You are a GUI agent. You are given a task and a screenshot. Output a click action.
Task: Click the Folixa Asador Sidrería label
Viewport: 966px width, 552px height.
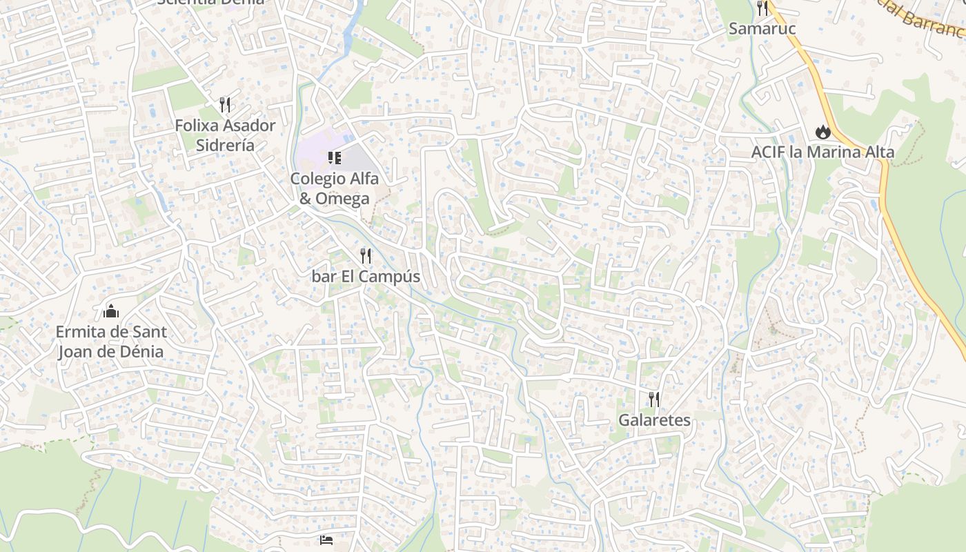pos(225,135)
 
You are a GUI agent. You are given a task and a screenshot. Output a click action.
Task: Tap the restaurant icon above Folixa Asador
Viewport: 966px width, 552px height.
pos(225,105)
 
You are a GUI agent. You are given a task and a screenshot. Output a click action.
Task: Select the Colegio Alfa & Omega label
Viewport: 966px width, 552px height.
pos(334,188)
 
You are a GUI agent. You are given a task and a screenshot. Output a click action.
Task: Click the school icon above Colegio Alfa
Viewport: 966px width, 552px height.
pos(335,158)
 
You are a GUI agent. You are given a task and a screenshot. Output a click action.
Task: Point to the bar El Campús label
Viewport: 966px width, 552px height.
pos(366,277)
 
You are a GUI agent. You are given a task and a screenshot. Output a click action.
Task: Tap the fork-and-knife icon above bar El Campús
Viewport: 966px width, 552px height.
pos(366,256)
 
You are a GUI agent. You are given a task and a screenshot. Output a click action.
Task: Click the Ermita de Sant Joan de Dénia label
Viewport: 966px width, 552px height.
pos(110,342)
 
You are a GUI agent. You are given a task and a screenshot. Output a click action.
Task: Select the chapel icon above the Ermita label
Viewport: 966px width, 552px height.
pos(111,312)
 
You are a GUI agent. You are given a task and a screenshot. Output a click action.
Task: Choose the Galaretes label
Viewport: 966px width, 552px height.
pos(654,420)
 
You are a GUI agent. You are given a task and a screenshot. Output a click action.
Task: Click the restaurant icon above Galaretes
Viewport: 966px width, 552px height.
pos(654,399)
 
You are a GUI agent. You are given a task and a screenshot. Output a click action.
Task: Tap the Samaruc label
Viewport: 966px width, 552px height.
pos(762,29)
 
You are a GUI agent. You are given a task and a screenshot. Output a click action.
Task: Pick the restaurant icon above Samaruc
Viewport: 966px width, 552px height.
pos(762,8)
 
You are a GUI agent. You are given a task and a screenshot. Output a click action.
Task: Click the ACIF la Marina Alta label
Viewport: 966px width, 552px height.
pos(822,152)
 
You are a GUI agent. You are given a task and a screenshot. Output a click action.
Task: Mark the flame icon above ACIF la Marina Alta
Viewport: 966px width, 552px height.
pos(822,131)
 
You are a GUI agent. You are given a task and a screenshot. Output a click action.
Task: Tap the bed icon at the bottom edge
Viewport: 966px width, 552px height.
pos(326,539)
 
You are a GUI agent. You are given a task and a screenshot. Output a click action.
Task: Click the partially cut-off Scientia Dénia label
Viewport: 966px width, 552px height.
pos(210,2)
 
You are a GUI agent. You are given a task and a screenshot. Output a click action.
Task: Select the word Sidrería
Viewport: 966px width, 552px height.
pos(225,146)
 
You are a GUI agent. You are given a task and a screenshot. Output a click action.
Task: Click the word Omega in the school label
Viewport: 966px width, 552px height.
pos(344,199)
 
